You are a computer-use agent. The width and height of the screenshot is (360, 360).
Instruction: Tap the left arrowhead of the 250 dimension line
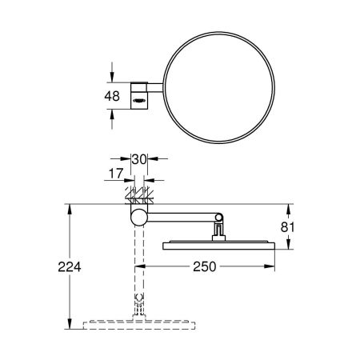[x=145, y=263]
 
